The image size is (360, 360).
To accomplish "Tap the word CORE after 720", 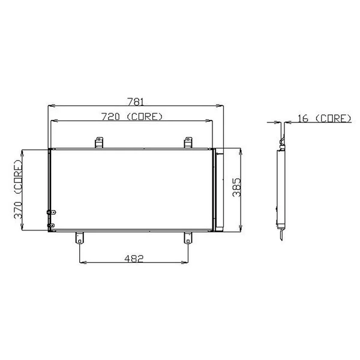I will (145, 116).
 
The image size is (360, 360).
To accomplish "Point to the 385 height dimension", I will (236, 188).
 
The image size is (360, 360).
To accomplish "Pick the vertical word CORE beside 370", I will (17, 175).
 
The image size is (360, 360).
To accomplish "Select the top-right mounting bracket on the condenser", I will (187, 142).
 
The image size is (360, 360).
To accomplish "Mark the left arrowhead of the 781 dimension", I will (50, 107).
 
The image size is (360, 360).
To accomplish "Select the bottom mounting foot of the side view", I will (281, 233).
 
